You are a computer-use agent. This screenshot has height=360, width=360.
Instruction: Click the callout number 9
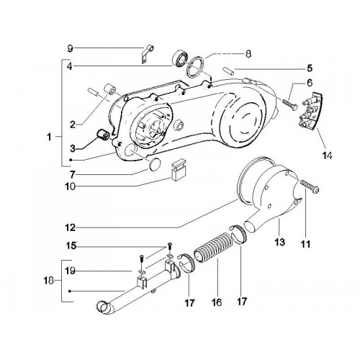70,49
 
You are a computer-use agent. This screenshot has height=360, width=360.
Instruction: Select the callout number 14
328,156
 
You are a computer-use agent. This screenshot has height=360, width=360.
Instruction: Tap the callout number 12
70,228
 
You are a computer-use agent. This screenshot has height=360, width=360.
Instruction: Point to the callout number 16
217,302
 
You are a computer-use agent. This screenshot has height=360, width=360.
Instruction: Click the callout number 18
48,280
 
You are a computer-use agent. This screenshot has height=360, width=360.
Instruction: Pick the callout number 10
70,186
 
